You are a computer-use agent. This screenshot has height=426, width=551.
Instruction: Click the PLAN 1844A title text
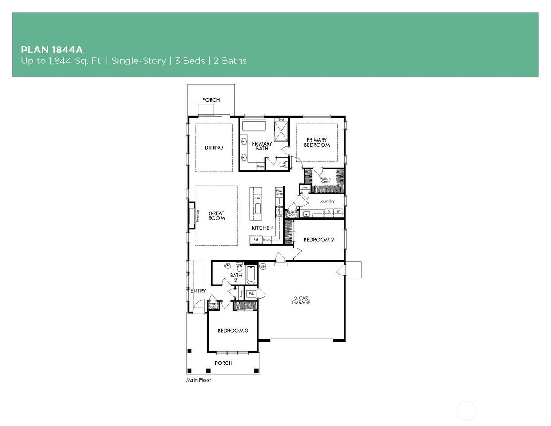click(x=51, y=50)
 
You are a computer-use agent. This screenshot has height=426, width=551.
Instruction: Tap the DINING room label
click(x=214, y=147)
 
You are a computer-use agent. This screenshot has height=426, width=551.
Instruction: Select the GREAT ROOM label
click(x=216, y=216)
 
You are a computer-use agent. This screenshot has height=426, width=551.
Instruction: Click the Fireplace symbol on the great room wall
click(x=192, y=216)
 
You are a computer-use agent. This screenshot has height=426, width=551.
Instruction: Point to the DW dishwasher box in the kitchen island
click(x=258, y=198)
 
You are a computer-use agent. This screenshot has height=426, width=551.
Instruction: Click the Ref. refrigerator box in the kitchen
click(x=255, y=240)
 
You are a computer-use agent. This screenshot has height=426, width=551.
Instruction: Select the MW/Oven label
click(x=279, y=192)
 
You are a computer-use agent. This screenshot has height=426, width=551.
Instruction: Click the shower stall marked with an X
click(x=281, y=131)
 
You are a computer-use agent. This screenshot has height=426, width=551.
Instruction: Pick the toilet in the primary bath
click(x=282, y=165)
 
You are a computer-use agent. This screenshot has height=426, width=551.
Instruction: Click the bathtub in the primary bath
click(x=253, y=125)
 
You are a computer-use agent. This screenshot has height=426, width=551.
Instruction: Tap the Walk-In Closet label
click(x=325, y=180)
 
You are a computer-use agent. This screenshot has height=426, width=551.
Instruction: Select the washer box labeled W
click(x=338, y=212)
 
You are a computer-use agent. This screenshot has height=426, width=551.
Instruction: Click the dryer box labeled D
click(x=328, y=212)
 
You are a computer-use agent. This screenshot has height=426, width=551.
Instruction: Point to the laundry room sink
click(x=306, y=214)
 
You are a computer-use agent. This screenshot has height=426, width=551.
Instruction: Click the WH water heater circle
click(x=262, y=267)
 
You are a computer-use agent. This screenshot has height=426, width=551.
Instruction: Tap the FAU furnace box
click(x=251, y=293)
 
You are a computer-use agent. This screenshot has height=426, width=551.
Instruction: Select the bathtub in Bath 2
click(x=251, y=275)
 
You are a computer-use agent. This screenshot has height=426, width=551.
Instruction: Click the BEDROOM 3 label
click(x=232, y=331)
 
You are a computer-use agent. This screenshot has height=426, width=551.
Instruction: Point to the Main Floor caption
click(x=199, y=380)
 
